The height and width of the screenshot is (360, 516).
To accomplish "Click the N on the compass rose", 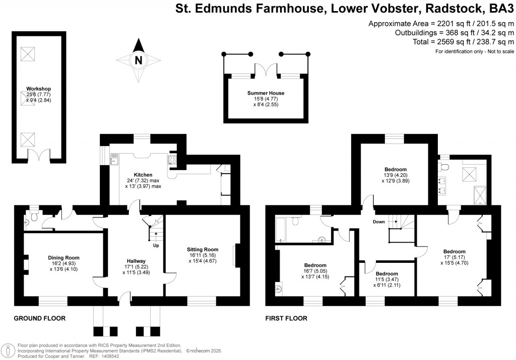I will pos(138,60).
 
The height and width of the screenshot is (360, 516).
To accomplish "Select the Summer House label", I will pos(266,93).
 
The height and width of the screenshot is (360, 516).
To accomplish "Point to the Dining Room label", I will pos(64,258).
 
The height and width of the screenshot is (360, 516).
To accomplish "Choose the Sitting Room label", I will pos(202,249).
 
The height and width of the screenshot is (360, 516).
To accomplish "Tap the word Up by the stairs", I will pos(156,246).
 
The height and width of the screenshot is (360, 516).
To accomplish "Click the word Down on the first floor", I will pos(378,222).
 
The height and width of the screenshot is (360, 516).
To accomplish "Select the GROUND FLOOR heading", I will pos(39,318).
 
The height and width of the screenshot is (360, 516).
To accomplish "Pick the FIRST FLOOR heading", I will pos(286,318).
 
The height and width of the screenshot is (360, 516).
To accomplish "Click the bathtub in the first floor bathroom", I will pos(281,230).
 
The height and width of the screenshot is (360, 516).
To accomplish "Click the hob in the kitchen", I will pos(172,162).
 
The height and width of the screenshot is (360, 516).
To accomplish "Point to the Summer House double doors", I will pos(266,70).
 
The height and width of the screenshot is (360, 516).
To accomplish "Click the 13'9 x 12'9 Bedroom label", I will pos(396,169).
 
